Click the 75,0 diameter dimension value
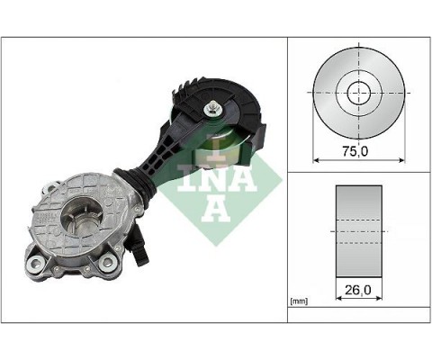coord(358,151)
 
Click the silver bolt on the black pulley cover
coord(211,110)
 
